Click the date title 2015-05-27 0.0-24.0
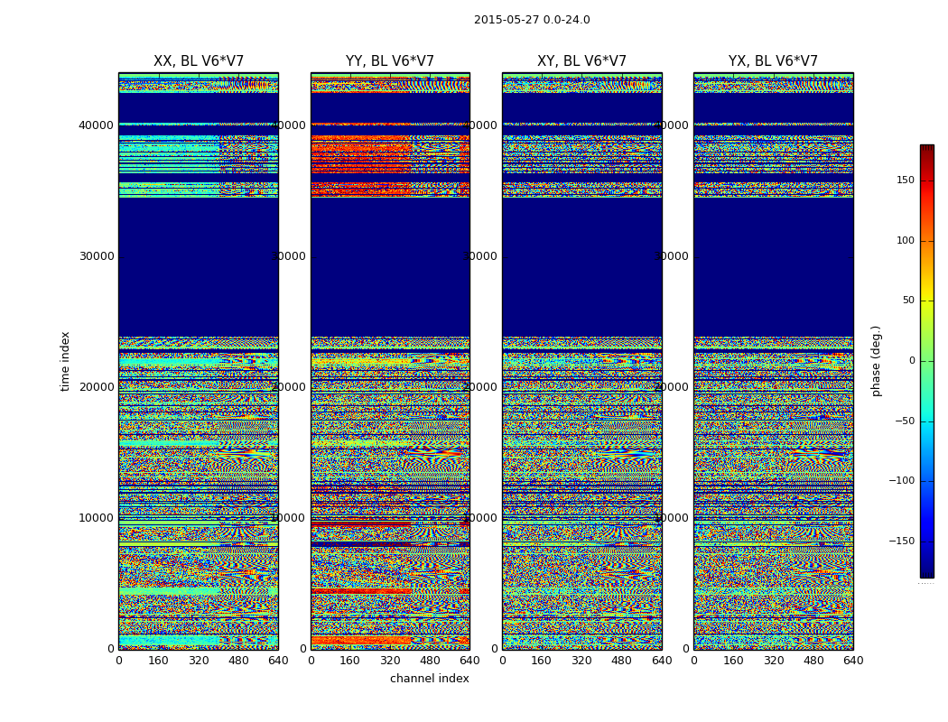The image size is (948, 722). click(x=532, y=20)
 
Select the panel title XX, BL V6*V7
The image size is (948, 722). click(x=199, y=61)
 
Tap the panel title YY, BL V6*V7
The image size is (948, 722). click(x=390, y=61)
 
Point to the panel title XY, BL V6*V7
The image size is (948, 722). click(x=581, y=61)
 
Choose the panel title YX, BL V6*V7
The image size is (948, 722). click(x=773, y=61)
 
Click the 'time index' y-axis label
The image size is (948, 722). click(x=65, y=361)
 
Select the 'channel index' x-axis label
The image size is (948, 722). click(x=430, y=679)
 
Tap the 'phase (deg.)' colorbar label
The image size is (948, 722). click(x=876, y=361)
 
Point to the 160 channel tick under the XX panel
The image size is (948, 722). click(x=158, y=661)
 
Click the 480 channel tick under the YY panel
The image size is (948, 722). click(x=430, y=661)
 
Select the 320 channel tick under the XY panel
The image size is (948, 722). click(x=581, y=661)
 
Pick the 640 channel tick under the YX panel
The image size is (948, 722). click(x=853, y=661)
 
